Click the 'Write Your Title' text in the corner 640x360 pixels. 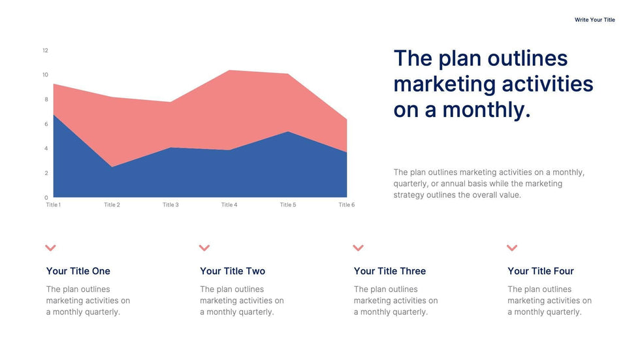tap(594, 20)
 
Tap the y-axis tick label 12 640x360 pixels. tap(46, 50)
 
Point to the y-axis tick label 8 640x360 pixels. tap(46, 99)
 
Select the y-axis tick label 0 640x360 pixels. tap(46, 197)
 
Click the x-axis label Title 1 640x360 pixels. tap(54, 205)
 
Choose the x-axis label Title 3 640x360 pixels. tap(170, 205)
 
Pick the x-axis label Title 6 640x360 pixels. tap(346, 205)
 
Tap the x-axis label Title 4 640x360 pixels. tap(229, 205)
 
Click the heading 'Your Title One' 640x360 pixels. tap(78, 271)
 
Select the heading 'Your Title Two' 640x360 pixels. tap(232, 271)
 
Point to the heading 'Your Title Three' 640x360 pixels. tap(390, 271)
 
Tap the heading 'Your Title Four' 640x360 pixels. tap(541, 271)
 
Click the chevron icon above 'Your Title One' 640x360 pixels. tap(51, 248)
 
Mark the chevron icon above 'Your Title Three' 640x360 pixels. tap(358, 248)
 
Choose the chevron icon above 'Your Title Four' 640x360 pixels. tap(512, 248)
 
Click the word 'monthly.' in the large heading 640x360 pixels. tap(487, 109)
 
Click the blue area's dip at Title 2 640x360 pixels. tap(112, 167)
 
